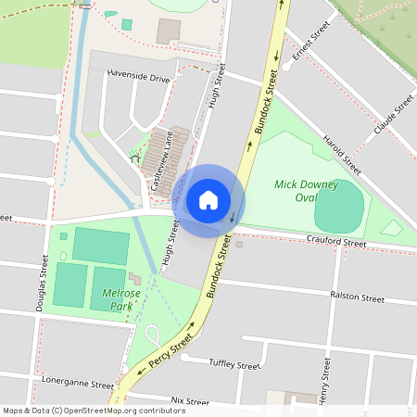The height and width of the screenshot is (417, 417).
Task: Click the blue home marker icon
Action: coord(208,199)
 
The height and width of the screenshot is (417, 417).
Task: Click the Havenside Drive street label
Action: coord(139,78)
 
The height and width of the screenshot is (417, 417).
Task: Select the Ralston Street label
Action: coord(357,297)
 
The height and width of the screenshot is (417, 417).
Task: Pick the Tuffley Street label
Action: coord(234,365)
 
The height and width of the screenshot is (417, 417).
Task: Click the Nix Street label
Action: coord(191,402)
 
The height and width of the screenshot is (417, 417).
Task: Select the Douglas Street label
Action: coord(43,283)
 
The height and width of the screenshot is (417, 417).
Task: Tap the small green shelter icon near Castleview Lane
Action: coord(136,158)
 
